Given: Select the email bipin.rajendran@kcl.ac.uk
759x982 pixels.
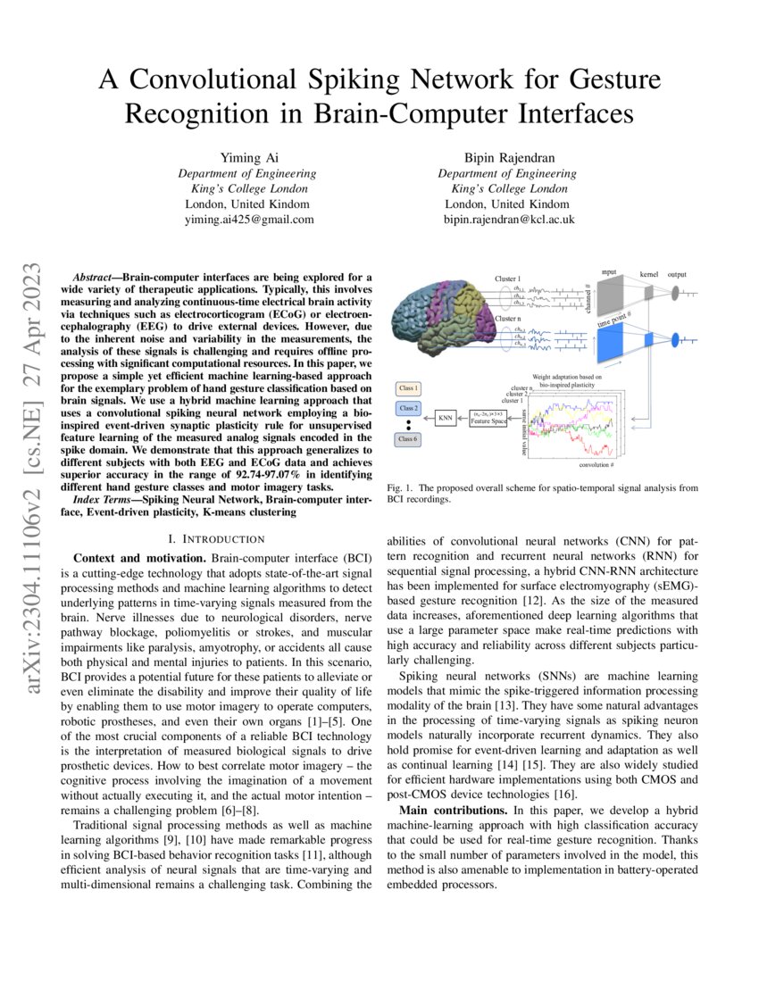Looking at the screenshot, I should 508,219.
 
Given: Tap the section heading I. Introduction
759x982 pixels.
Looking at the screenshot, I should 217,538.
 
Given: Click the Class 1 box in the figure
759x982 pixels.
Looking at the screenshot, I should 410,389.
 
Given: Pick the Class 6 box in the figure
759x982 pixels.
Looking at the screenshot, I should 410,439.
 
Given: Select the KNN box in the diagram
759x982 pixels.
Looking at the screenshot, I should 445,416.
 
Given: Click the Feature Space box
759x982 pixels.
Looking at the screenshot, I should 495,416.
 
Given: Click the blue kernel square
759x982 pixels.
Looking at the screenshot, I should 649,337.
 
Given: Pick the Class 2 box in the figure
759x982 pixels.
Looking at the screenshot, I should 410,408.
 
